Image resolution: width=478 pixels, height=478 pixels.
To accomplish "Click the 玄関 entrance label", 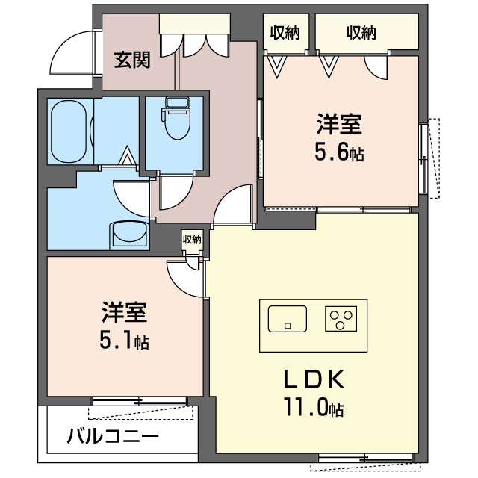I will click(131, 60).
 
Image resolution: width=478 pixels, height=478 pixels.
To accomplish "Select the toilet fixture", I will click(176, 121).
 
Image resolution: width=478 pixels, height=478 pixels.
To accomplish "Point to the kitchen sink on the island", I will click(286, 319).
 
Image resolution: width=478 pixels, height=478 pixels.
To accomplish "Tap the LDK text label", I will click(312, 380).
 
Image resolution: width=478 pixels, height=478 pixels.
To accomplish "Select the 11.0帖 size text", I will click(314, 409).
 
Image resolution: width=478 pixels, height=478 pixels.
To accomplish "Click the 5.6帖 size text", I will click(338, 153).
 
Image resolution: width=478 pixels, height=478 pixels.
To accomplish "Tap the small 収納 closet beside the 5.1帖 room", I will click(191, 240).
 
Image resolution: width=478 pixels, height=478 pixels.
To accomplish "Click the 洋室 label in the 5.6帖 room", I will click(338, 122).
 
